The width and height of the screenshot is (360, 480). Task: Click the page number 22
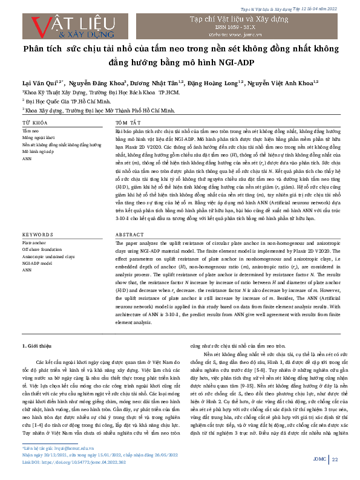click(x=335, y=459)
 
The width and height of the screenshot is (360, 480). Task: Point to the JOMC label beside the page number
click(x=319, y=459)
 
